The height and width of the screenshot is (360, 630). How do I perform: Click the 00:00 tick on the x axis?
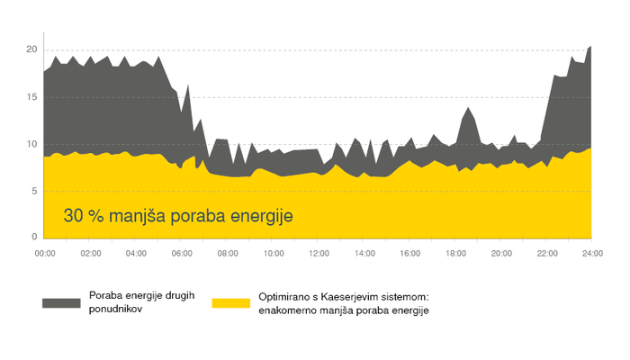(44, 255)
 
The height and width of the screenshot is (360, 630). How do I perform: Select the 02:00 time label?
(90, 255)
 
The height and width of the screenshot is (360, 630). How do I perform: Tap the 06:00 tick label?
(182, 255)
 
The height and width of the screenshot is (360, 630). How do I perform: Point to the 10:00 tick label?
(273, 255)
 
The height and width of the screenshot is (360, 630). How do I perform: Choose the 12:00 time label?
(319, 255)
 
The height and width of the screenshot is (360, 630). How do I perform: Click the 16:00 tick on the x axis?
(409, 255)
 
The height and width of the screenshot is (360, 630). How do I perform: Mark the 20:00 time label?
(501, 255)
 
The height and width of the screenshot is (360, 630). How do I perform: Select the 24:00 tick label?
(591, 255)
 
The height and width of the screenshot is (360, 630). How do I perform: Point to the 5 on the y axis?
(33, 191)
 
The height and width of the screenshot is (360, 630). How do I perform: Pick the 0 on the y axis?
(33, 237)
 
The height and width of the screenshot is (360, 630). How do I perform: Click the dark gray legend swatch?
(60, 302)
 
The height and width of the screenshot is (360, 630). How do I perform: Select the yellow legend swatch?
(230, 302)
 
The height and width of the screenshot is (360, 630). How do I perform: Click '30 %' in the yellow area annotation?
(85, 217)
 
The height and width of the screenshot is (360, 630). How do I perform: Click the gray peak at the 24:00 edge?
(589, 48)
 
